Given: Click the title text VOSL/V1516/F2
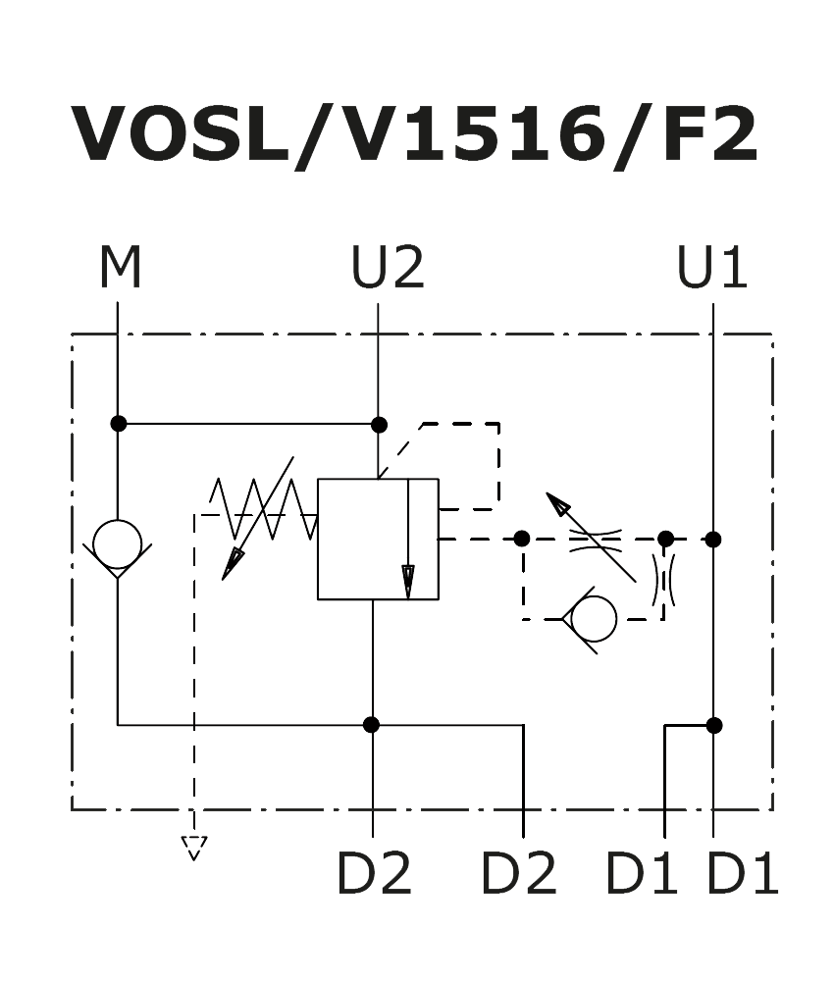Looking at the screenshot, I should coord(416,134).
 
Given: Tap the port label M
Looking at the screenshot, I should coord(120,269).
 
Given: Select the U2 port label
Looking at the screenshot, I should coord(388,269).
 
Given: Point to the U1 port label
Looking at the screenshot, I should coord(712,269).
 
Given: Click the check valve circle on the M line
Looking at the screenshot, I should coord(118,544).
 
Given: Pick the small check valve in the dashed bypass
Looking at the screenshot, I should coord(593,619).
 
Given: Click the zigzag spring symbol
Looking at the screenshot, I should coord(263,508).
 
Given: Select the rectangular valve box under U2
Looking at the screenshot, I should coord(378,539).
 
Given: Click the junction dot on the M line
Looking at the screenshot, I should coord(119,424).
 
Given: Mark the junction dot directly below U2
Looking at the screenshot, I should coord(379,425).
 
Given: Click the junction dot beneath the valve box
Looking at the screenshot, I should coord(371,725).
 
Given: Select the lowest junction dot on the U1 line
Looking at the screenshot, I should coord(714,726).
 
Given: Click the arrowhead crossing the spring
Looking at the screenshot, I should coord(233,563).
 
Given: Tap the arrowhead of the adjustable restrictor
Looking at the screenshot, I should coord(558,504).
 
